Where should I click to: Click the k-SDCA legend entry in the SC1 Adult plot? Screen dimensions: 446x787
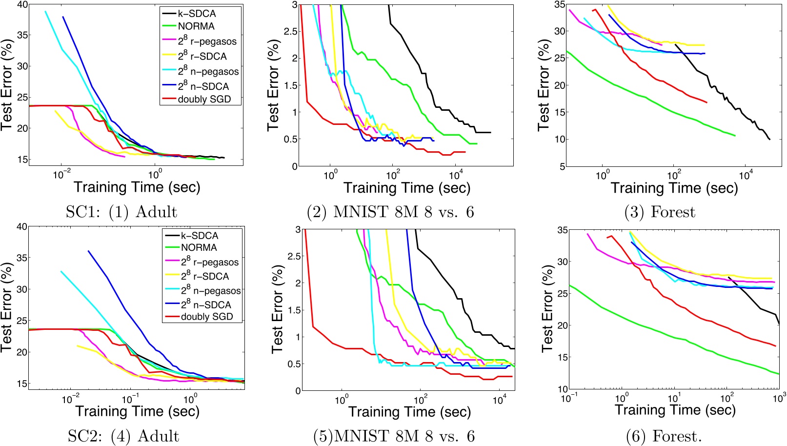197,14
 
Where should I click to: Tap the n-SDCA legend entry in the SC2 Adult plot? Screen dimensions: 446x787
205,304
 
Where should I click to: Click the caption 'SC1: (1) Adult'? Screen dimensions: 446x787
121,212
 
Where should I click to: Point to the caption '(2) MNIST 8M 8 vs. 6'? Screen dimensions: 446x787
390,212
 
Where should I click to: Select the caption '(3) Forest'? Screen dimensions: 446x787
659,212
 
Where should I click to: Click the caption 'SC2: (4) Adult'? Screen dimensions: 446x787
123,436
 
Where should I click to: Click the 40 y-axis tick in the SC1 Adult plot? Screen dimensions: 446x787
22,5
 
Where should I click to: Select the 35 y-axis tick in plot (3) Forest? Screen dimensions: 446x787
559,5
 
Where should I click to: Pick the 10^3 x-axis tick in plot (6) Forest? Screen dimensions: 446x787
779,398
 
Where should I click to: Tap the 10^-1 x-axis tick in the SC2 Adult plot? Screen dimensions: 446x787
129,400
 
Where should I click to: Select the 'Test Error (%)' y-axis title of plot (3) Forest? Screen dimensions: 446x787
544,85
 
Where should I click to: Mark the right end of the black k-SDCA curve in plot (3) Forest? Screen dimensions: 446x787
769,140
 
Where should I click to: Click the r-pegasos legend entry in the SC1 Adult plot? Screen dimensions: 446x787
207,41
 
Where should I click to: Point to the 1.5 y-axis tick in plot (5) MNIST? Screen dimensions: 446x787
292,310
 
